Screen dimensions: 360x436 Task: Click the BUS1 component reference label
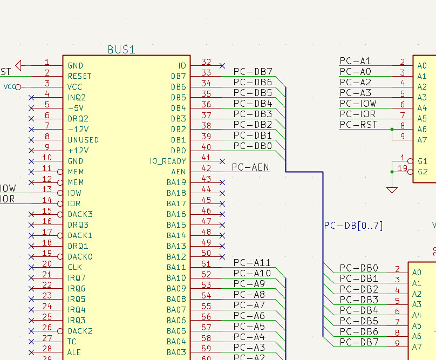[121, 50]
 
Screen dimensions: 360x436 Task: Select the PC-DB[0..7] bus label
[353, 226]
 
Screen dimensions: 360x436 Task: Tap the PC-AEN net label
[250, 167]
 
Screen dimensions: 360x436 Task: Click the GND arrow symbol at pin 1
[19, 65]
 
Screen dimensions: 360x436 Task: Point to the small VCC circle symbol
[18, 87]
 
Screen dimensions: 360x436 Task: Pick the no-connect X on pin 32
[222, 65]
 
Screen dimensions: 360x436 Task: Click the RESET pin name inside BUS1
[79, 76]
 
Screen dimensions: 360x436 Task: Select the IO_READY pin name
[168, 161]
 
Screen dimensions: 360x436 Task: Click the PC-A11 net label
[252, 263]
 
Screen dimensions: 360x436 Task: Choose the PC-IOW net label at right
[358, 104]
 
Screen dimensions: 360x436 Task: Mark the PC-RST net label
[358, 125]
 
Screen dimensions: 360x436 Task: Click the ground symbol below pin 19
[392, 189]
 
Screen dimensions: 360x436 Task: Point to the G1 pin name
[423, 161]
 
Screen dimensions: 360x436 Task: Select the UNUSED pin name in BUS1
[83, 140]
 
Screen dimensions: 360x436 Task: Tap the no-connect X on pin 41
[222, 161]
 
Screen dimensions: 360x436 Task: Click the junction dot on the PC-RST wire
[392, 130]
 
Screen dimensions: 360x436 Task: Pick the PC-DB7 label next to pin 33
[253, 72]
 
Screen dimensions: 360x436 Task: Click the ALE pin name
[75, 352]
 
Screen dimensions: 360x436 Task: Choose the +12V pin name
[79, 151]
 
